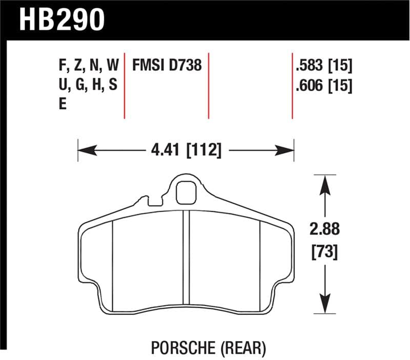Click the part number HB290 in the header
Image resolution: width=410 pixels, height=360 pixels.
click(x=62, y=19)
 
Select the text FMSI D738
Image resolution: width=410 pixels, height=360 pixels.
click(x=167, y=66)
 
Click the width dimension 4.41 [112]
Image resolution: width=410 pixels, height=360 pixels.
click(x=186, y=151)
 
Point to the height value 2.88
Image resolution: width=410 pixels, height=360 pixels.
click(x=325, y=229)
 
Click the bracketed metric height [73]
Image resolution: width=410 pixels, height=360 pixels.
click(x=325, y=252)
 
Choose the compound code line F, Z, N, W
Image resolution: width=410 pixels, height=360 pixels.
click(x=88, y=66)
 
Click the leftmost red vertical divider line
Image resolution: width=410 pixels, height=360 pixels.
click(x=125, y=85)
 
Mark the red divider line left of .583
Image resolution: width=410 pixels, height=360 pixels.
click(x=292, y=85)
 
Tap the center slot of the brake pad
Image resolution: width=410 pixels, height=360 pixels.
click(x=187, y=256)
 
